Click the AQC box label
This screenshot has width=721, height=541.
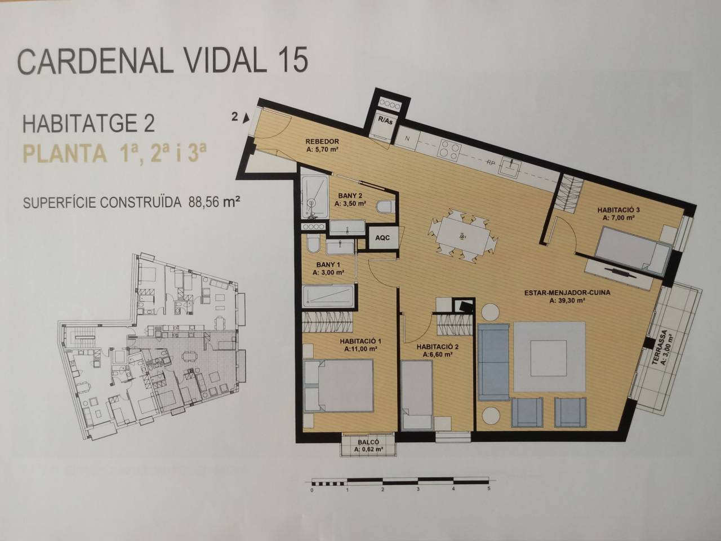[382, 237]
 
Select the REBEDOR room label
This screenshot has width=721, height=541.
[322, 141]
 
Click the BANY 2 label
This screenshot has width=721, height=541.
[350, 196]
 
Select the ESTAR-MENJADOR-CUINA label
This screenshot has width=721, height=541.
[567, 292]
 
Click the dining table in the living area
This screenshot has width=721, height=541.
[462, 237]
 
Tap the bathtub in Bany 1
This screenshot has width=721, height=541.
[328, 296]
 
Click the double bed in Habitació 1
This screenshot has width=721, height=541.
[339, 385]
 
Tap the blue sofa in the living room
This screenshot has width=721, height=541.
[493, 362]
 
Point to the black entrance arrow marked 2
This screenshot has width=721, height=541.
[246, 118]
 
